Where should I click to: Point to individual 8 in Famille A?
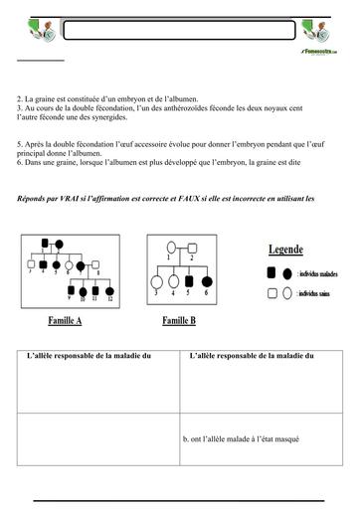pyautogui.click(x=95, y=264)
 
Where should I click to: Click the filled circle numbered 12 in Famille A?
pyautogui.click(x=109, y=290)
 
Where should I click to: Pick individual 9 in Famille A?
pyautogui.click(x=71, y=290)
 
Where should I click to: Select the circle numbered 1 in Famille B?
pyautogui.click(x=171, y=248)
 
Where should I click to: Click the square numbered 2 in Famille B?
pyautogui.click(x=193, y=248)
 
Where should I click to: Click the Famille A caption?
pyautogui.click(x=65, y=322)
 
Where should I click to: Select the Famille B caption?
pyautogui.click(x=179, y=322)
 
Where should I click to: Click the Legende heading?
pyautogui.click(x=285, y=250)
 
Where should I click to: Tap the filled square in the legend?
pyautogui.click(x=271, y=272)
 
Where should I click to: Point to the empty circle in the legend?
pyautogui.click(x=287, y=294)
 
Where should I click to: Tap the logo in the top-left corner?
pyautogui.click(x=36, y=32)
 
